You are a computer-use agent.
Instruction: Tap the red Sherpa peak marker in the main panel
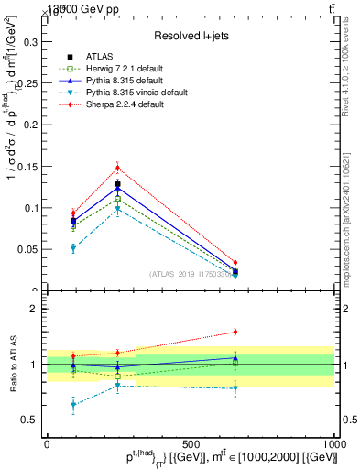118,168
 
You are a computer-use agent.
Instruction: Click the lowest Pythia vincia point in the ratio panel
73,404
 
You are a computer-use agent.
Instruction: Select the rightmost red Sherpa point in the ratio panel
235,332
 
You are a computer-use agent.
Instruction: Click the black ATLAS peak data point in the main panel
118,184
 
